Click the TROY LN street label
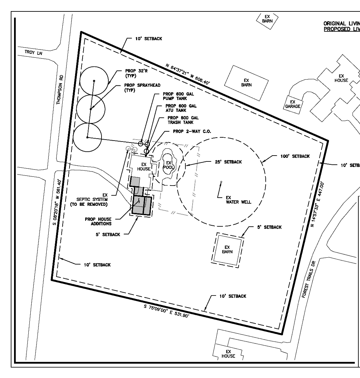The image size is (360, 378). pyautogui.click(x=33, y=52)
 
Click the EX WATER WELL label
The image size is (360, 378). pyautogui.click(x=238, y=200)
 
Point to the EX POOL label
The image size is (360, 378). pyautogui.click(x=168, y=165)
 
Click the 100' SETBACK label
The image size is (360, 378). pyautogui.click(x=295, y=156)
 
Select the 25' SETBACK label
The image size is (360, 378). pyautogui.click(x=228, y=162)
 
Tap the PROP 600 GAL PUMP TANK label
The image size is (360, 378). pyautogui.click(x=178, y=96)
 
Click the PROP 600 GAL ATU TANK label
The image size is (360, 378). pyautogui.click(x=181, y=108)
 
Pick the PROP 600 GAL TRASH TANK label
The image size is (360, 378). pyautogui.click(x=183, y=120)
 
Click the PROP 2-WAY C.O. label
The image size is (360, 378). pyautogui.click(x=192, y=131)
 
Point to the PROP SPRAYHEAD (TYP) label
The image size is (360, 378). pyautogui.click(x=142, y=87)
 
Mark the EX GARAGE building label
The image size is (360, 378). pyautogui.click(x=293, y=104)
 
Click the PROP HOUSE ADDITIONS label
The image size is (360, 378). pyautogui.click(x=98, y=221)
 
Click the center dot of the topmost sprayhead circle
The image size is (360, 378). pyautogui.click(x=94, y=81)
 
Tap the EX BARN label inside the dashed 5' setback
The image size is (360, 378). pyautogui.click(x=227, y=249)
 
